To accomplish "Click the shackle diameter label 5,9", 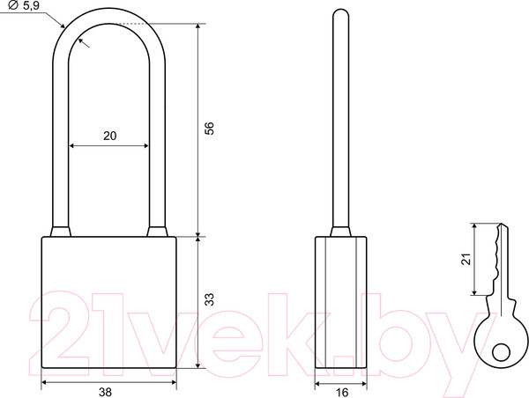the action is click(31, 5).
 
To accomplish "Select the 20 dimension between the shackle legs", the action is click(109, 136).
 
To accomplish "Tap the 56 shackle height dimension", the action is click(210, 128).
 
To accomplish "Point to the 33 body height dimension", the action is click(210, 299).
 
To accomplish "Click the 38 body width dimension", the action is click(105, 392).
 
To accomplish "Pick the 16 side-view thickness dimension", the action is click(342, 392).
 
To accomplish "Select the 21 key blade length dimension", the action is click(466, 259).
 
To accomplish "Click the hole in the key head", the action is click(501, 352).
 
